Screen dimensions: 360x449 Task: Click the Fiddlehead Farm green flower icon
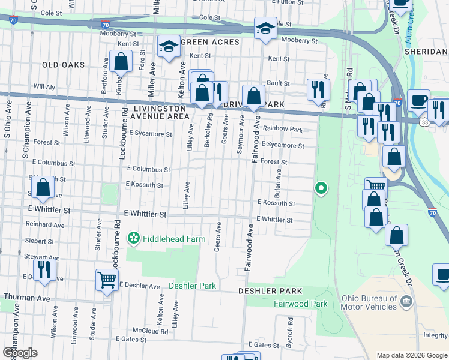click(x=133, y=239)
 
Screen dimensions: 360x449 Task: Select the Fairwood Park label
click(x=301, y=304)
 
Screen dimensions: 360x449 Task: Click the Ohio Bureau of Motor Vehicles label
click(x=369, y=302)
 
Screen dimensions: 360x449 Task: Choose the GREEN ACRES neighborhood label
click(x=210, y=42)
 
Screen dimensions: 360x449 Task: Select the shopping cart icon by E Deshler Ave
click(x=106, y=280)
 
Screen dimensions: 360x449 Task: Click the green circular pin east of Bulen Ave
click(x=321, y=188)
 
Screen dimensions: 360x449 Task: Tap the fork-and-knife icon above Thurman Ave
click(x=44, y=269)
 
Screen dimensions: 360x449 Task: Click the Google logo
click(x=20, y=353)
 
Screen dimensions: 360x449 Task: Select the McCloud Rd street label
click(x=151, y=331)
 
